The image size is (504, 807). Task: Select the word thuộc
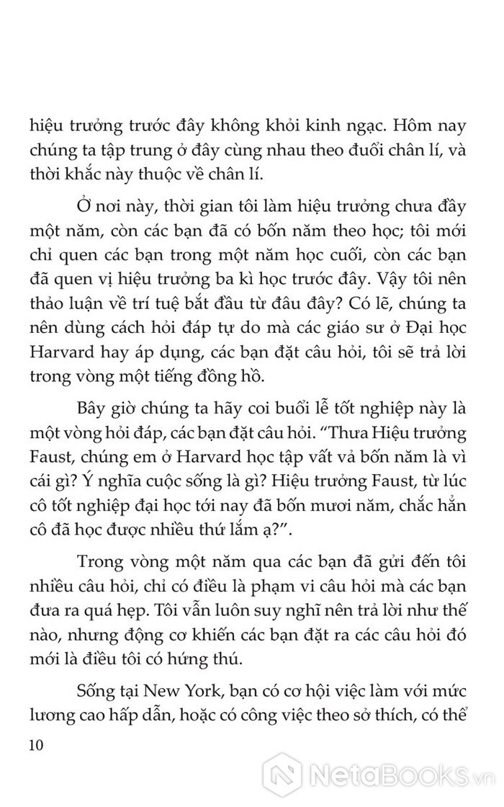point(161,175)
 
